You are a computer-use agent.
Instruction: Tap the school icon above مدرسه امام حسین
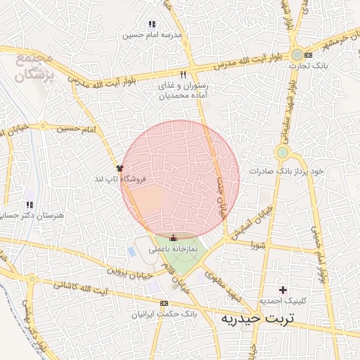pos(152,25)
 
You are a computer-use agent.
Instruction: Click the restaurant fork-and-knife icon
pos(184,75)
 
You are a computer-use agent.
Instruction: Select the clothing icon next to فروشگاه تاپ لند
pos(120,168)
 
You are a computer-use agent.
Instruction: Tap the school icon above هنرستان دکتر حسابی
pos(30,204)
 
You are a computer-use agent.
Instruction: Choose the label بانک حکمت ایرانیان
pos(164,313)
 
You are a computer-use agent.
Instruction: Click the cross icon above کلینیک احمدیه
pos(283,290)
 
